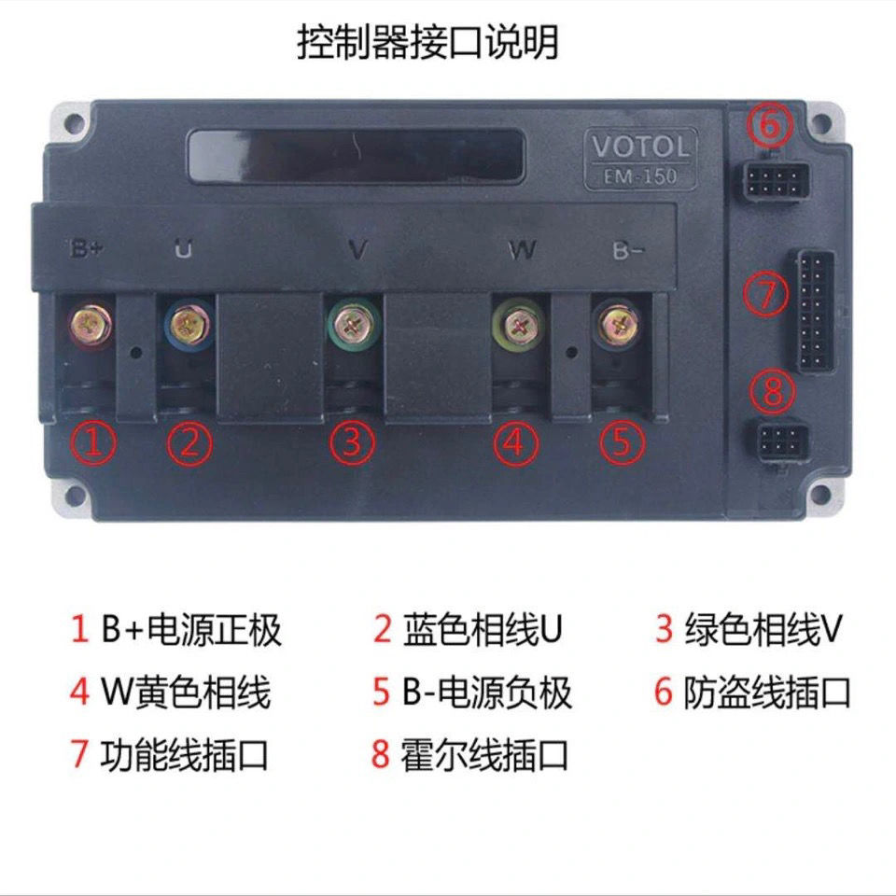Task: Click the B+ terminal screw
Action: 91,324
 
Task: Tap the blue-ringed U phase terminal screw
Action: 188,323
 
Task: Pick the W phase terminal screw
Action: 516,325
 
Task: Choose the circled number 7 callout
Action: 765,293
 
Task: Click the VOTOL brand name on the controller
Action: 641,147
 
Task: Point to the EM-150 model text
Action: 641,175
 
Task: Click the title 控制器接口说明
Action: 428,42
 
